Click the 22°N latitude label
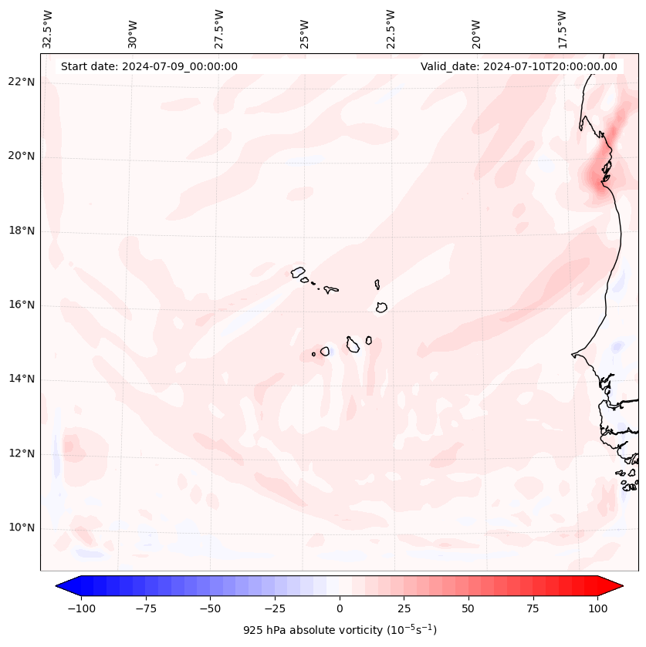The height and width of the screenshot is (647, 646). [x=22, y=83]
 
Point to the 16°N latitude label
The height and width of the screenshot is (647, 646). [x=22, y=305]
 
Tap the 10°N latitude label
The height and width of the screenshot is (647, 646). [x=22, y=528]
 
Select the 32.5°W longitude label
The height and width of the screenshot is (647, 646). [x=48, y=29]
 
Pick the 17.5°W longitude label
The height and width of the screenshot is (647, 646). [x=563, y=29]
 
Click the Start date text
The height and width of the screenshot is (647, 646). [x=149, y=66]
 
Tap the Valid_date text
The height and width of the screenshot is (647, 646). [x=519, y=66]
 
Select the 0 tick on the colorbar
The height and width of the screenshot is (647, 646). [x=340, y=608]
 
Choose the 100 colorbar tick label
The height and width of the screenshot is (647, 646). [x=597, y=608]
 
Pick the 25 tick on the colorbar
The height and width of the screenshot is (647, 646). [x=404, y=608]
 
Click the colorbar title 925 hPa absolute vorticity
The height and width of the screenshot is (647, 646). [x=340, y=630]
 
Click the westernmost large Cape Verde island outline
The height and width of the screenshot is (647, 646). [x=299, y=272]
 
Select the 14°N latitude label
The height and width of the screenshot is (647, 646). [x=22, y=379]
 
